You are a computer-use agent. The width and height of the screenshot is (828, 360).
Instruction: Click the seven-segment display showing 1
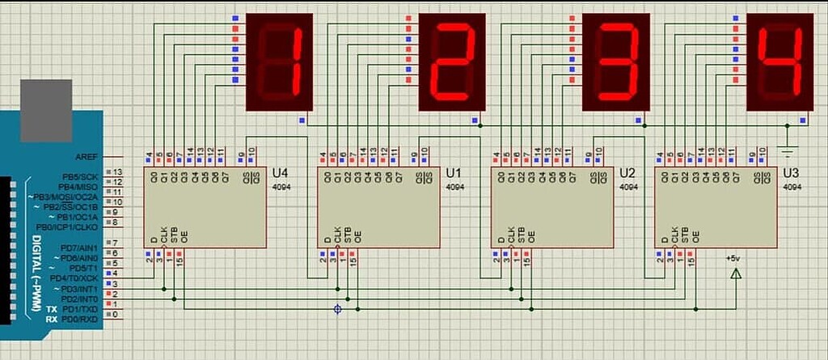click(279, 61)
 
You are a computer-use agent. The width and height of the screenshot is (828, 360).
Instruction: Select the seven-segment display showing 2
click(451, 61)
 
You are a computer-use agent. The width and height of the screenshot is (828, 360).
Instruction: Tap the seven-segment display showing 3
click(617, 61)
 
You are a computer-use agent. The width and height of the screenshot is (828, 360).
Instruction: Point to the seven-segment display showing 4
click(779, 61)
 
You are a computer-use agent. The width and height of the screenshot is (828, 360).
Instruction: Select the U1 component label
click(454, 173)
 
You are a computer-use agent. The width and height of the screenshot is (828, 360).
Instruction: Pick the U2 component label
click(627, 173)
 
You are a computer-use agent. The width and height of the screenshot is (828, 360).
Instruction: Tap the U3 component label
click(791, 173)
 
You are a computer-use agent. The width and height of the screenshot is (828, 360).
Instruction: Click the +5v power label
click(733, 258)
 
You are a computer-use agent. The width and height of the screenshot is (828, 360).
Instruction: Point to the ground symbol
click(788, 150)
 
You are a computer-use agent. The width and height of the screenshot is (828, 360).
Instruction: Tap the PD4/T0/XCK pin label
click(74, 277)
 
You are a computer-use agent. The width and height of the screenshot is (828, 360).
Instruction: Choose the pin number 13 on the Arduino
click(117, 172)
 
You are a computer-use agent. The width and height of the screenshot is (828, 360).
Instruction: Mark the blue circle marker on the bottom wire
click(337, 308)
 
